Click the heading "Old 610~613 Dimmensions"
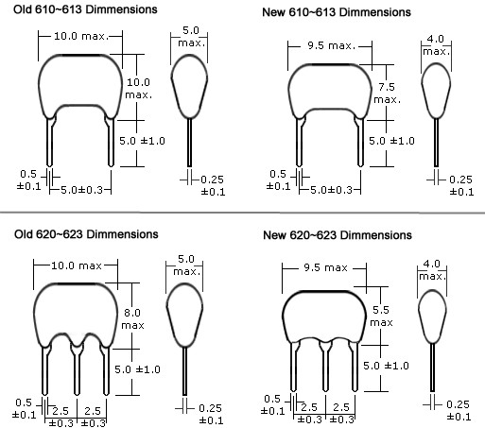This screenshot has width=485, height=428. tap(85, 9)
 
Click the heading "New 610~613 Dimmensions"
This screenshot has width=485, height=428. tap(337, 12)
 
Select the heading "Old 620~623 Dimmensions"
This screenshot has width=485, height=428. tap(86, 234)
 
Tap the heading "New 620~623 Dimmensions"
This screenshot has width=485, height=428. tap(338, 235)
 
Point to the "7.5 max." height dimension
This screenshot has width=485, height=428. tap(387, 94)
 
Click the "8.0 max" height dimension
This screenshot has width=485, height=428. tap(132, 318)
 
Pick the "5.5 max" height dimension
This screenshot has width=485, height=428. tap(381, 317)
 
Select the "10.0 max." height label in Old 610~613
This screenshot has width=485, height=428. tap(139, 89)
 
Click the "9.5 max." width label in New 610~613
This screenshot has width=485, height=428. tap(331, 46)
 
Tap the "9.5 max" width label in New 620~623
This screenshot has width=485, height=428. tap(325, 267)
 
